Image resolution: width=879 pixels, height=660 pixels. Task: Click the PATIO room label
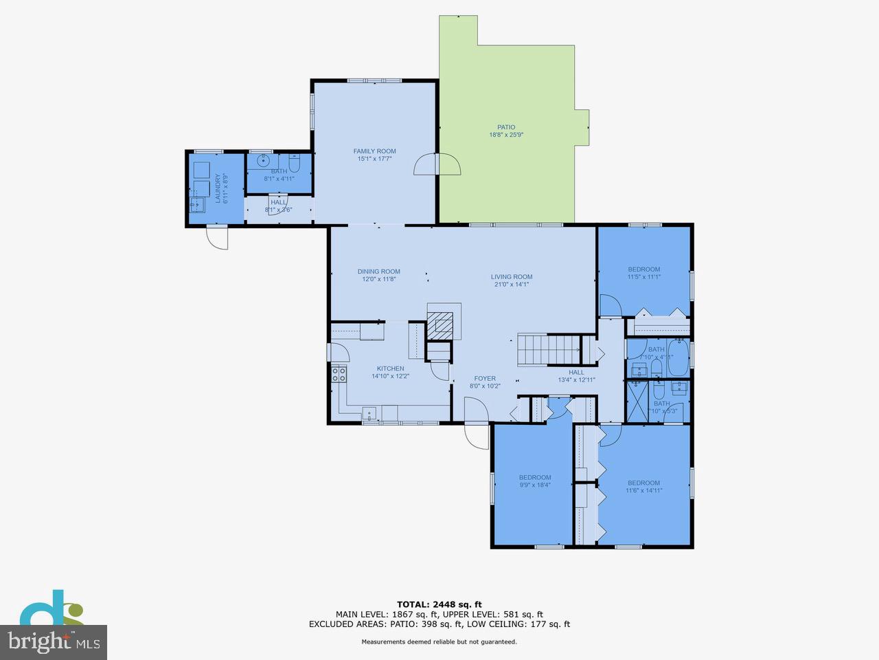pyautogui.click(x=506, y=127)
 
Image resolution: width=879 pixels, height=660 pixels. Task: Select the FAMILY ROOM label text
pyautogui.click(x=374, y=151)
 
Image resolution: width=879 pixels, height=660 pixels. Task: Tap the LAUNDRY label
pyautogui.click(x=218, y=188)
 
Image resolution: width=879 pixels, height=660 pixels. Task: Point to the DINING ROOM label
pyautogui.click(x=378, y=272)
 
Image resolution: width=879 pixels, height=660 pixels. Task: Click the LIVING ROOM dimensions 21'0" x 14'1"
pyautogui.click(x=511, y=285)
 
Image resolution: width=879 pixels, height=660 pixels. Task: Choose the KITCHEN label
pyautogui.click(x=389, y=368)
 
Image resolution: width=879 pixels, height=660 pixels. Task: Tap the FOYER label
pyautogui.click(x=485, y=378)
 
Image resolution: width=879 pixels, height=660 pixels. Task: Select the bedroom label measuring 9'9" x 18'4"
pyautogui.click(x=534, y=478)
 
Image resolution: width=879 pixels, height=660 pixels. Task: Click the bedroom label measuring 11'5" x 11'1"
pyautogui.click(x=643, y=269)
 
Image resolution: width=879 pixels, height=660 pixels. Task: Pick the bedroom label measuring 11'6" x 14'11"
pyautogui.click(x=643, y=483)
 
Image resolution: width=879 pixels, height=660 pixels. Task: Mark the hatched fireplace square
pyautogui.click(x=440, y=324)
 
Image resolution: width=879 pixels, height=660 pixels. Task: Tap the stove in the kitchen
pyautogui.click(x=339, y=375)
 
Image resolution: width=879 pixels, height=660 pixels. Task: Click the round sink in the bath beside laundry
pyautogui.click(x=262, y=162)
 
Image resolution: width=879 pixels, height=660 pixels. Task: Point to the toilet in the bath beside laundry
pyautogui.click(x=295, y=164)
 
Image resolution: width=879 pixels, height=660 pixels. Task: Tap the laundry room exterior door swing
pyautogui.click(x=217, y=239)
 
